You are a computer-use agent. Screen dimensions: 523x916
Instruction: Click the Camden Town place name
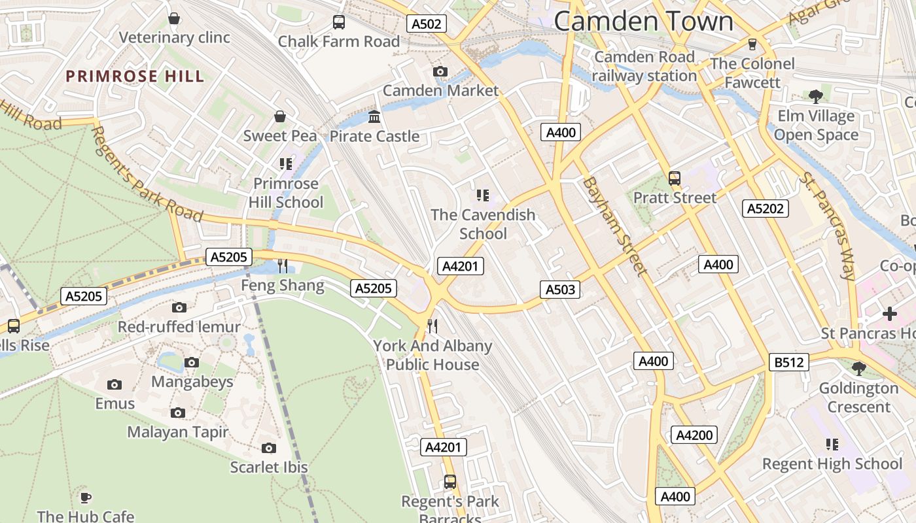(x=644, y=21)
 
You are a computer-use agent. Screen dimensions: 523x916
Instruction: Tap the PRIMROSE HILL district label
(x=135, y=76)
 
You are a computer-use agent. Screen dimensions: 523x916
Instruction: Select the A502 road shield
(x=427, y=24)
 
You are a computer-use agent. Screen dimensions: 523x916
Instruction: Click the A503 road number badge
(x=560, y=290)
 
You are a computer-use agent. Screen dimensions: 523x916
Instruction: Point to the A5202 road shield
(x=766, y=209)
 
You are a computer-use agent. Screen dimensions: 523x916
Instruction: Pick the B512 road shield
(x=788, y=362)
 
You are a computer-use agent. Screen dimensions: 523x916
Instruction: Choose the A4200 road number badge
(x=694, y=435)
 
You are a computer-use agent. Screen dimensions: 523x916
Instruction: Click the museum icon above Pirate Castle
(x=374, y=117)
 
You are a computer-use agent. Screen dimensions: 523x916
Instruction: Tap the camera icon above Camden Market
(x=440, y=71)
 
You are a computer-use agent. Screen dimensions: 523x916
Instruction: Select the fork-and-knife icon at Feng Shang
(x=283, y=265)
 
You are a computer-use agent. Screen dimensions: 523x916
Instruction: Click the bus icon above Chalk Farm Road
(x=339, y=22)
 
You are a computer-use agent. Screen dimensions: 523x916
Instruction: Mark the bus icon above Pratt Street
(x=675, y=178)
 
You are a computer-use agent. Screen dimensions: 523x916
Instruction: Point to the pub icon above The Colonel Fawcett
(x=752, y=44)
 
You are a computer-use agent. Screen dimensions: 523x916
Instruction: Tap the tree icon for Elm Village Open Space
(x=815, y=97)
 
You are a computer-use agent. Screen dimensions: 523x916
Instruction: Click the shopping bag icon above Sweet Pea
(x=280, y=116)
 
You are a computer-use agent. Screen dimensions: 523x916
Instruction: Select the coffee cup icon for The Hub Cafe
(x=85, y=497)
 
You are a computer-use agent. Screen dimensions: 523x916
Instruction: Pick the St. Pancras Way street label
(x=828, y=226)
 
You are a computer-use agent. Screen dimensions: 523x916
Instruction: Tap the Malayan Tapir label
(x=178, y=432)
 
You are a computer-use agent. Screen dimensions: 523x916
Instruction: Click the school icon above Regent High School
(x=832, y=445)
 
